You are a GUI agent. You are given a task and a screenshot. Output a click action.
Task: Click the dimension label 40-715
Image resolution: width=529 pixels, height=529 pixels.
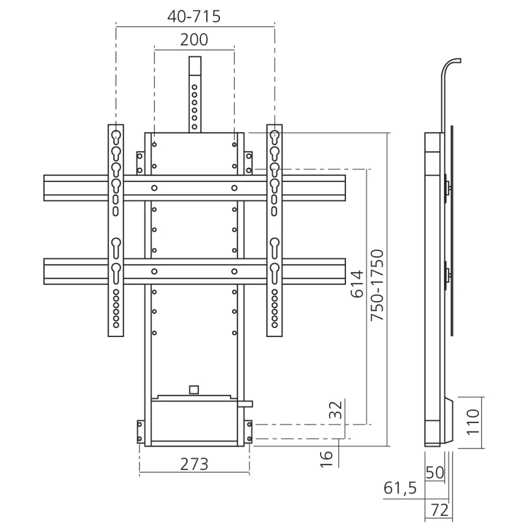[x=194, y=17]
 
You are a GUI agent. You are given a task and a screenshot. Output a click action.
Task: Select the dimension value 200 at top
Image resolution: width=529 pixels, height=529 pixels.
[x=194, y=40]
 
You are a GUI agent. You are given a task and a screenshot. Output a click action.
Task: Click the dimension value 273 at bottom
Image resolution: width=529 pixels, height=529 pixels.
[x=194, y=464]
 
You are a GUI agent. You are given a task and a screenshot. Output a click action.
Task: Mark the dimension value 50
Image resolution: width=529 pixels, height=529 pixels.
[x=434, y=472]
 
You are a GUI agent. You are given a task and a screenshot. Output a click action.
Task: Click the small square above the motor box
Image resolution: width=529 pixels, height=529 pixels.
[x=194, y=389]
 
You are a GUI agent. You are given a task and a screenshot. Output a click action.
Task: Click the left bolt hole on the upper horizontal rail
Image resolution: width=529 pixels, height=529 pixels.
[x=154, y=188]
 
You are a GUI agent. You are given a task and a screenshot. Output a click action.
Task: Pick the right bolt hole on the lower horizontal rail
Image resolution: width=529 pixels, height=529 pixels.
[x=234, y=271]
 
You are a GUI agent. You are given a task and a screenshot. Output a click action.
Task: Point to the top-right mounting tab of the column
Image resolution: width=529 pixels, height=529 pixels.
[x=248, y=163]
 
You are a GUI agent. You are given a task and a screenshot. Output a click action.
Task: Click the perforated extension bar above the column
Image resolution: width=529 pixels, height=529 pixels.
[x=194, y=95]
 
